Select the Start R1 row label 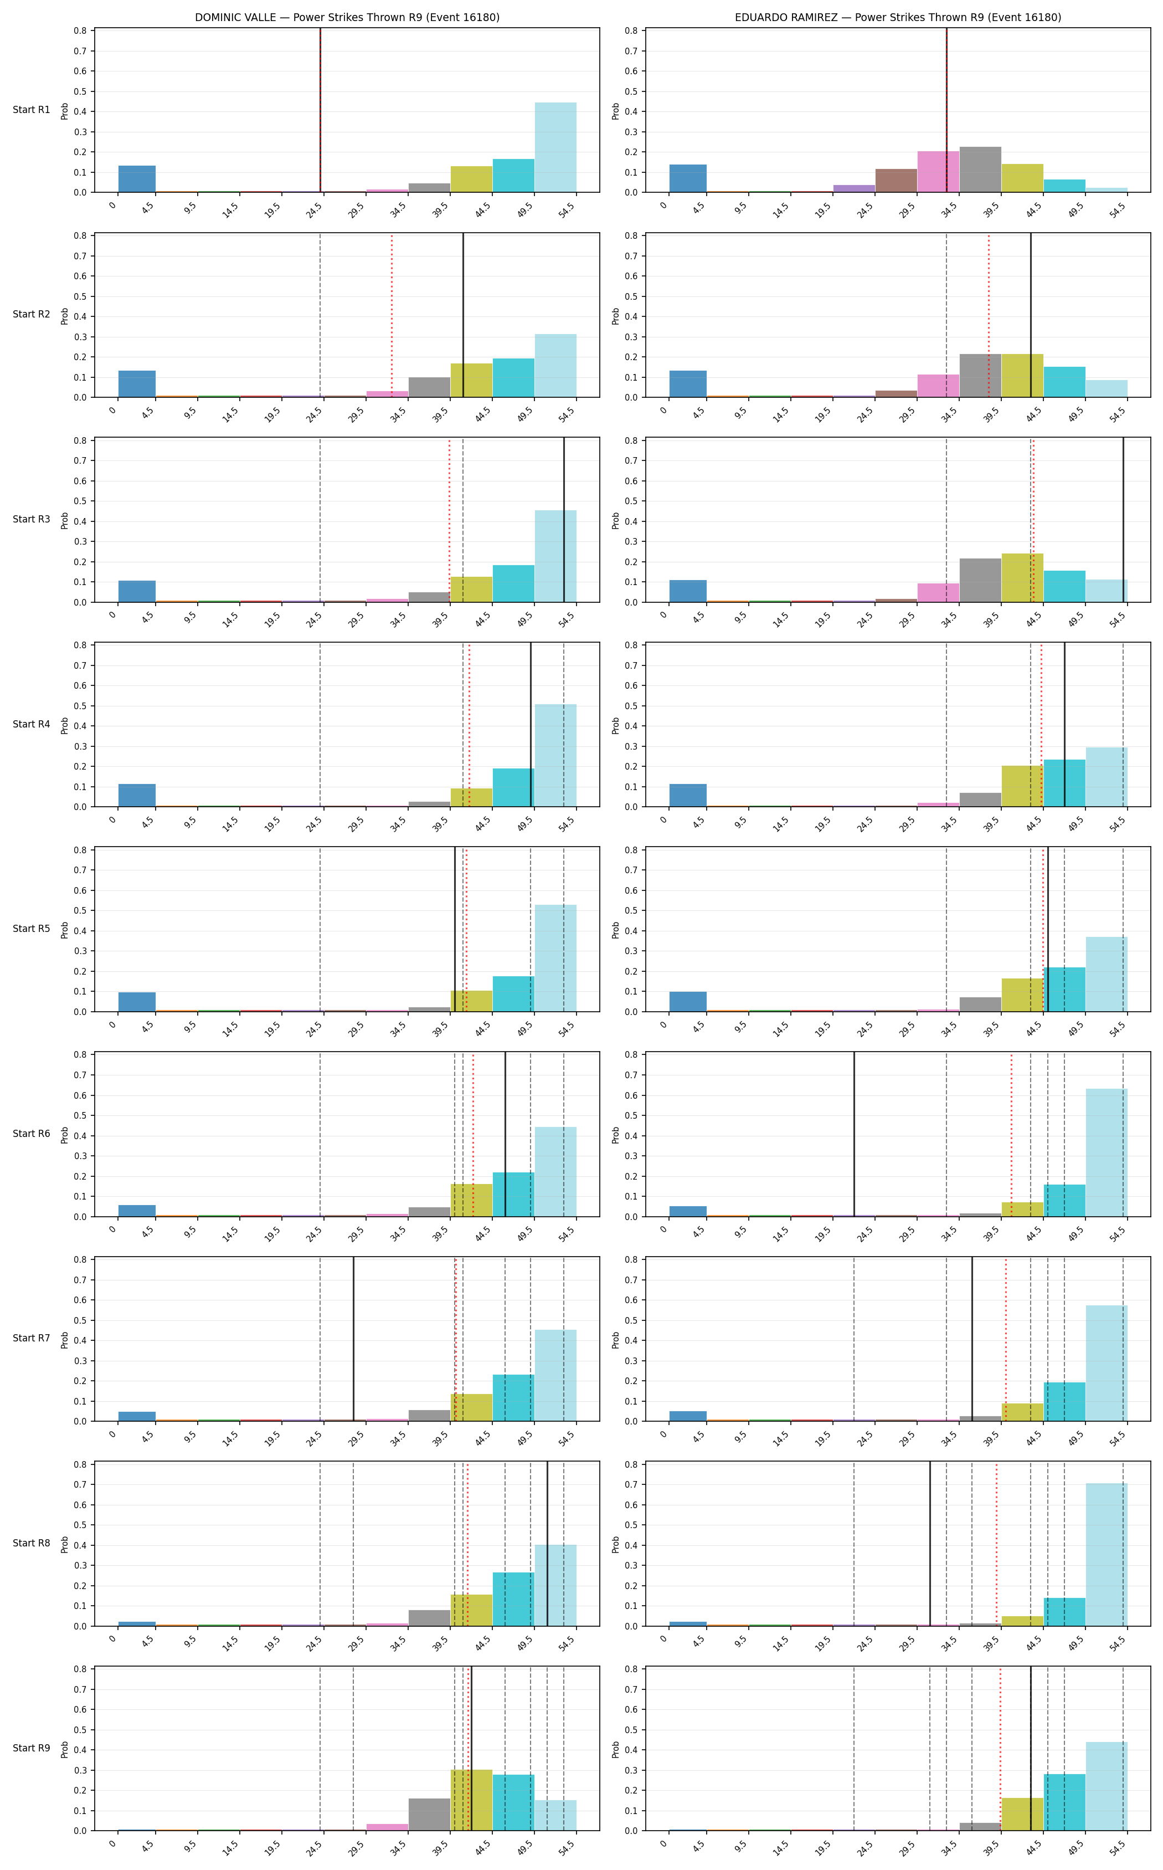pyautogui.click(x=32, y=110)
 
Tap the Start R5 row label pyautogui.click(x=32, y=929)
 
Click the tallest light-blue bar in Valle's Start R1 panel pyautogui.click(x=555, y=147)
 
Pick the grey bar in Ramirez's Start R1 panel pyautogui.click(x=980, y=170)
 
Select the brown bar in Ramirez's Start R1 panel pyautogui.click(x=896, y=180)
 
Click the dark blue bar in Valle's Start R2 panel pyautogui.click(x=137, y=384)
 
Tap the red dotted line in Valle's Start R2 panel pyautogui.click(x=392, y=315)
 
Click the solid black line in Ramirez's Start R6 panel pyautogui.click(x=854, y=1134)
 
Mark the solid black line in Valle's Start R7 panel pyautogui.click(x=353, y=1339)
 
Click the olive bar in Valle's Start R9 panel pyautogui.click(x=471, y=1800)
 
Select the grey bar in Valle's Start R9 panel pyautogui.click(x=429, y=1815)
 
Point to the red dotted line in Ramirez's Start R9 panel pyautogui.click(x=1000, y=1749)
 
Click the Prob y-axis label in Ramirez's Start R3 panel pyautogui.click(x=615, y=520)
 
